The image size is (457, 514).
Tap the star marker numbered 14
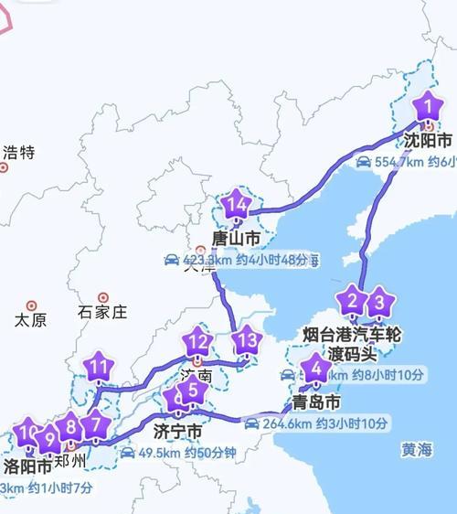coord(237,206)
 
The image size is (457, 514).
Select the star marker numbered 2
coord(351,300)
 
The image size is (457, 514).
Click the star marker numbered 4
coord(316,370)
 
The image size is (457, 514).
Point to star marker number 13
coord(246,341)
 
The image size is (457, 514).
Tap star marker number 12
coord(197,344)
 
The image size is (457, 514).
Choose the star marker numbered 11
coord(99,369)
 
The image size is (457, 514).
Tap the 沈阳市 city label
coord(428,141)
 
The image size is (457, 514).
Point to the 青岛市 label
coord(316,402)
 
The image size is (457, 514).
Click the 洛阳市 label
coord(27,466)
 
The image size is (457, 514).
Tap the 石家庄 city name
coord(102,312)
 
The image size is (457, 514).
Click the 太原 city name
coord(30,320)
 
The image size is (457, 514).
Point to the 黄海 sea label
coord(416,450)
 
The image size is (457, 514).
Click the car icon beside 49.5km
coord(127,453)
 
